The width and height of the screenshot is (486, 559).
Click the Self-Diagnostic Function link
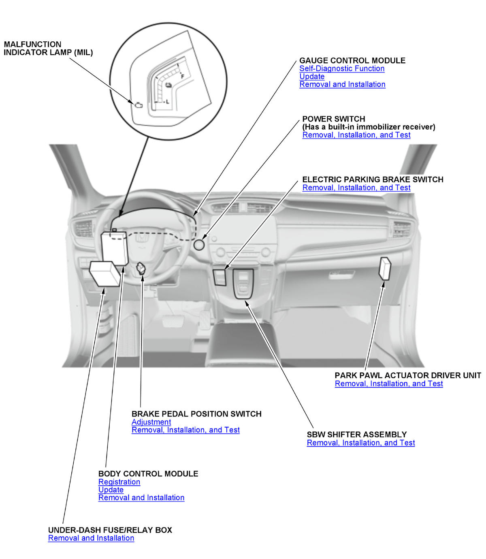342,68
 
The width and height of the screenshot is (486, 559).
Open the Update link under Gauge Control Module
312,77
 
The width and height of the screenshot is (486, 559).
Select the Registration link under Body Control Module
119,482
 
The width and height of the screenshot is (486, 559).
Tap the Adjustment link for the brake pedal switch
151,422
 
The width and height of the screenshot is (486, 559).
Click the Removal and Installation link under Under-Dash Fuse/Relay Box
91,538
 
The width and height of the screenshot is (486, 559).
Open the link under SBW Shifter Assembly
360,443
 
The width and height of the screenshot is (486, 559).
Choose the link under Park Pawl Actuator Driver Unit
389,384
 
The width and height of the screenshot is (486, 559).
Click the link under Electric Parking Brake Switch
356,188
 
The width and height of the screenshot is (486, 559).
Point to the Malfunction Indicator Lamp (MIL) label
48,48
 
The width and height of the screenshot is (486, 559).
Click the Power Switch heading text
334,119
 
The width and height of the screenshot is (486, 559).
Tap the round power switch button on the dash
199,245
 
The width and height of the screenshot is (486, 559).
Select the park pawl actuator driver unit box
385,268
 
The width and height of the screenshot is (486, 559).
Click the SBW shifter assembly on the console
243,284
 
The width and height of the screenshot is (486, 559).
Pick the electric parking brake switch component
220,277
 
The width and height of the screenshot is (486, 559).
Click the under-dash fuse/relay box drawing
105,273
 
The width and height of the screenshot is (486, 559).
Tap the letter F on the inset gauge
183,77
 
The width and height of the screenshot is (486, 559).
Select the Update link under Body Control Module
111,490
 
